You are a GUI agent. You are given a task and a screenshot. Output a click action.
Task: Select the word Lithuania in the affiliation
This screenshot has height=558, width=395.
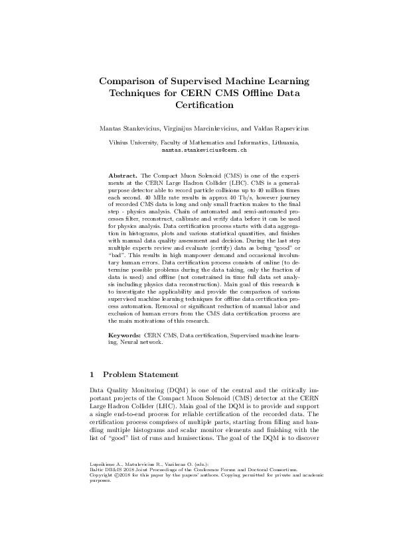[282, 142]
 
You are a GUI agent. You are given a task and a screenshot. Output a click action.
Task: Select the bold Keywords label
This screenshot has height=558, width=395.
[125, 336]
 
